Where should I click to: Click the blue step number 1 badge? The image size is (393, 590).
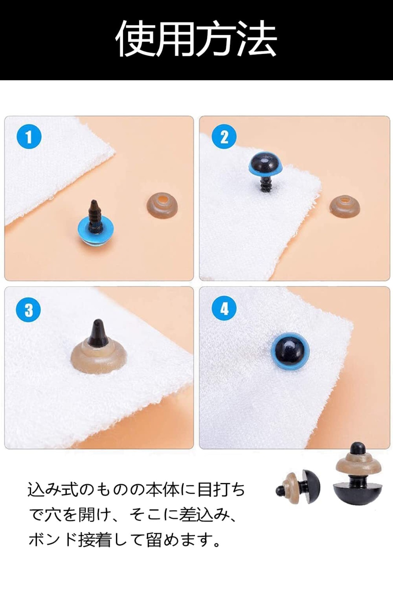click(x=29, y=136)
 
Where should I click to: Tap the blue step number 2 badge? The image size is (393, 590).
click(x=224, y=136)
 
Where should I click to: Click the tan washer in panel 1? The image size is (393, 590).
click(x=162, y=205)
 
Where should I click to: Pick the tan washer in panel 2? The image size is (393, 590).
click(x=345, y=205)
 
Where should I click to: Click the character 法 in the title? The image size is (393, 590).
click(x=257, y=39)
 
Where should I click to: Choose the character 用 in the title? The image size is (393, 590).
click(x=176, y=39)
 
